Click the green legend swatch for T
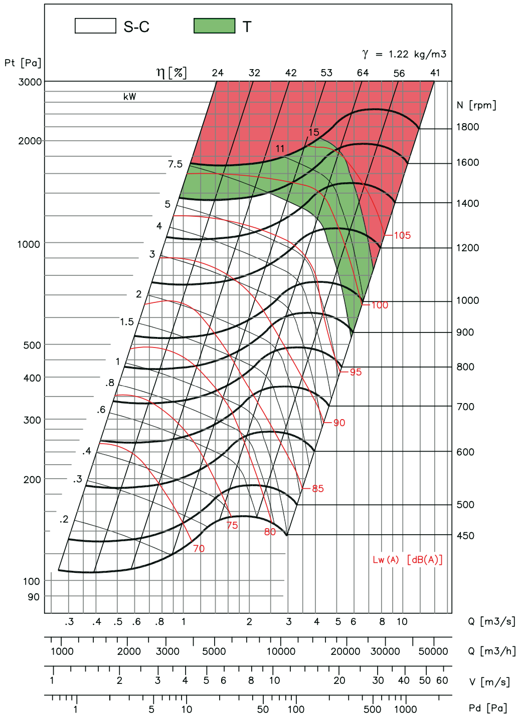click(214, 26)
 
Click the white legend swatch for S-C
click(95, 26)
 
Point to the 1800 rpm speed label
click(467, 127)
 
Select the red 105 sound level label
click(402, 235)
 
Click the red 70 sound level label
click(199, 548)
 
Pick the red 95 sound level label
click(356, 372)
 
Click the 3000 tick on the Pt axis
click(30, 82)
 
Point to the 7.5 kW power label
click(175, 164)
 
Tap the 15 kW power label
click(313, 132)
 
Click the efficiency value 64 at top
click(363, 73)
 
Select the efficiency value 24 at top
click(218, 73)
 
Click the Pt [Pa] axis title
click(23, 63)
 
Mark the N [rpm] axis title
click(476, 105)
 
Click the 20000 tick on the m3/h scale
click(345, 651)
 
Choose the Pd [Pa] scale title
click(488, 708)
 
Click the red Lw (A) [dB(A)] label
click(408, 560)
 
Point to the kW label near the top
click(130, 97)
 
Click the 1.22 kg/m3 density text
click(417, 54)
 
